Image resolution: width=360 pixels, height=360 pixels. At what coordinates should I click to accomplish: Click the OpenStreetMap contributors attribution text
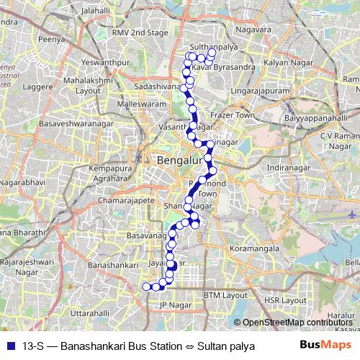pos(297,323)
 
